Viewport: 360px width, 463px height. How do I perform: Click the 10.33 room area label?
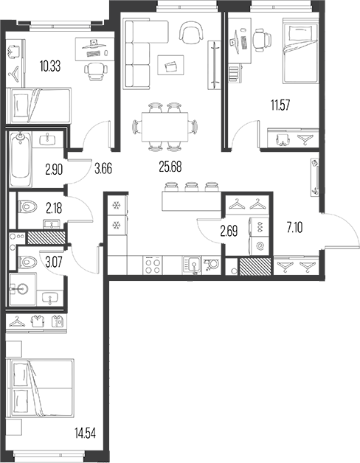(x=50, y=66)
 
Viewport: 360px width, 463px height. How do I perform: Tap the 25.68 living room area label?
(x=170, y=167)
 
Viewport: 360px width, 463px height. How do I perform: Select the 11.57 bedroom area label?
(x=280, y=105)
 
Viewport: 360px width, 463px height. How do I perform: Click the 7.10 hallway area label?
(x=294, y=228)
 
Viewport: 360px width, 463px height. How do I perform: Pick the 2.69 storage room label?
(x=229, y=231)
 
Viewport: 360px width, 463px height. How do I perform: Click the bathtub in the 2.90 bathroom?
(x=21, y=159)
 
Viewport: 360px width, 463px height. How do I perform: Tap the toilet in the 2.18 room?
(x=27, y=206)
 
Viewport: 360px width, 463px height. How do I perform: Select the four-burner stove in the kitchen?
(x=153, y=265)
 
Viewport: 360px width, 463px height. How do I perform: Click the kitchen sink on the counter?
(x=193, y=265)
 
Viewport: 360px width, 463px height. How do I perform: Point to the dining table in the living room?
(x=165, y=127)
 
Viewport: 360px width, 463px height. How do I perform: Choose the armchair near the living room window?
(x=192, y=32)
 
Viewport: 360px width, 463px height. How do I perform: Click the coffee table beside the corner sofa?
(x=170, y=66)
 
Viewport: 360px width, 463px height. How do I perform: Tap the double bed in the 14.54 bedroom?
(x=40, y=388)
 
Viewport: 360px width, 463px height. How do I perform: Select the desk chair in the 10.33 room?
(x=96, y=72)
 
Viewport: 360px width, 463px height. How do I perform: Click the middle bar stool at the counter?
(x=191, y=187)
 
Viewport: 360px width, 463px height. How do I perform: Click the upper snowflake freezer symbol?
(x=116, y=205)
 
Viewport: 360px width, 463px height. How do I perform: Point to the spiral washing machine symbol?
(x=260, y=246)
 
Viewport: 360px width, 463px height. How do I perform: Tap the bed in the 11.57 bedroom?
(x=300, y=51)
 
